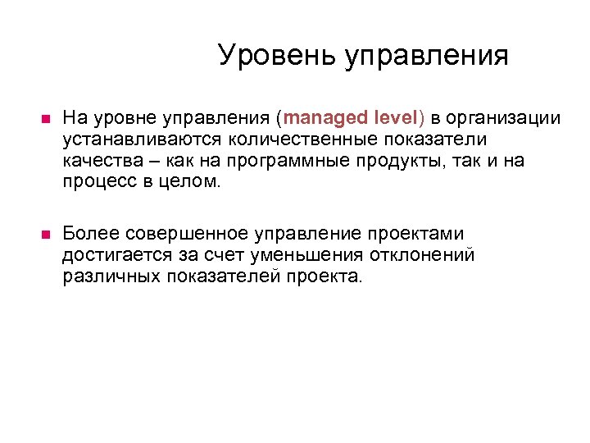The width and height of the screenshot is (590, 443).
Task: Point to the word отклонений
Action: coord(418,255)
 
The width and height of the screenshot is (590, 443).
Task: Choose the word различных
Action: coord(111,276)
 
